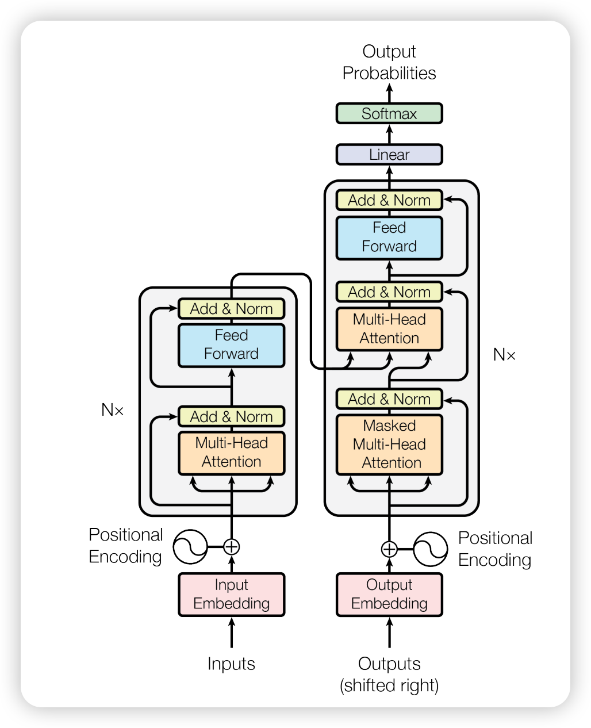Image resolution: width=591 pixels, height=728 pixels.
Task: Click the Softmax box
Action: click(389, 113)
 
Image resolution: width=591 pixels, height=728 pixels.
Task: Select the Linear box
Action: click(389, 155)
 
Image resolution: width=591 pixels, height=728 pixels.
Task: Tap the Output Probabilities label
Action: click(389, 62)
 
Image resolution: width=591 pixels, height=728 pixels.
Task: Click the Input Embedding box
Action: click(231, 594)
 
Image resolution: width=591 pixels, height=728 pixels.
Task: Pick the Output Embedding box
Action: click(389, 594)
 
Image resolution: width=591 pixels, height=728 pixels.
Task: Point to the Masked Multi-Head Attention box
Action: click(389, 444)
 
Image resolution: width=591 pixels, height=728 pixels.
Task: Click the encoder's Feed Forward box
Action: click(231, 344)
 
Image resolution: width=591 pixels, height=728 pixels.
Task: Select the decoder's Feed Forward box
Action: click(389, 237)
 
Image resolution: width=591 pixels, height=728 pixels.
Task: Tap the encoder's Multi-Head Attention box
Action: click(231, 452)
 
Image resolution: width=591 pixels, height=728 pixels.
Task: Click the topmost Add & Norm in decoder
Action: click(389, 200)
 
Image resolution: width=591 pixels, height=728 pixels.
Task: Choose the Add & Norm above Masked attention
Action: click(389, 399)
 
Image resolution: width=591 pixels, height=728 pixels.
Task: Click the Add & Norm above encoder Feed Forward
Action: click(231, 309)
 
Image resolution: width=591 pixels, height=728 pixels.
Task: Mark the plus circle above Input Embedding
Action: click(231, 546)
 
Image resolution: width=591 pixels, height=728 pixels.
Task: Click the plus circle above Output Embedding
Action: click(389, 549)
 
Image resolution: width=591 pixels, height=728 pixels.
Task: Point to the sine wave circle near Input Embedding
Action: click(190, 546)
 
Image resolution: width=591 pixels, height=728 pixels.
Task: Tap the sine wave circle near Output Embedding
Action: click(430, 549)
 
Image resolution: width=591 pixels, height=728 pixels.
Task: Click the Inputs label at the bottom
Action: click(231, 664)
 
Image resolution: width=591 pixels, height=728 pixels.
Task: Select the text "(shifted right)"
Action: click(389, 685)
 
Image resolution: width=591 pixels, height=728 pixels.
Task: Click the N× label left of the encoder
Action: click(113, 409)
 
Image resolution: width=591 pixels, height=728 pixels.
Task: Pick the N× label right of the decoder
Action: click(504, 355)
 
